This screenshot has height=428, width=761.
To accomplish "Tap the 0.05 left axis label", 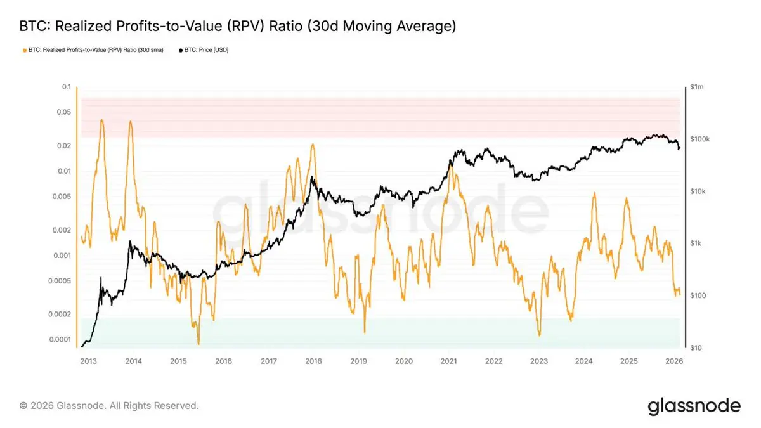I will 64,112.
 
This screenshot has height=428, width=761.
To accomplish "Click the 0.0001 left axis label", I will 61,340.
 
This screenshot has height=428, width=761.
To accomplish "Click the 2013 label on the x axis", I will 88,361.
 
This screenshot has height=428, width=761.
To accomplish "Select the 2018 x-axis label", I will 313,361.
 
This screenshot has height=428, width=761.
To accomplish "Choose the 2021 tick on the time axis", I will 448,361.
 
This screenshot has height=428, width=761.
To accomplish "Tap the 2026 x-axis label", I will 673,361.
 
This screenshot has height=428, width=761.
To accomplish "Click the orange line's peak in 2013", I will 102,120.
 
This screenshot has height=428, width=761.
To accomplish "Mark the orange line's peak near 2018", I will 313,144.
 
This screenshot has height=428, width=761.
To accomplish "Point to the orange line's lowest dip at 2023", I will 538,335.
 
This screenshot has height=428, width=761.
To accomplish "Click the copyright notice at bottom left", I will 109,405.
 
